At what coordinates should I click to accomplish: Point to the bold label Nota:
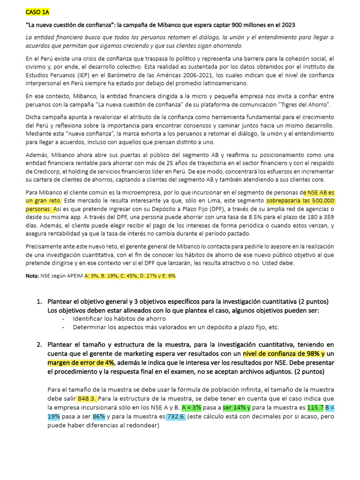pyautogui.click(x=32, y=276)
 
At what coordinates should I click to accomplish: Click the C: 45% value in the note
pyautogui.click(x=124, y=276)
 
